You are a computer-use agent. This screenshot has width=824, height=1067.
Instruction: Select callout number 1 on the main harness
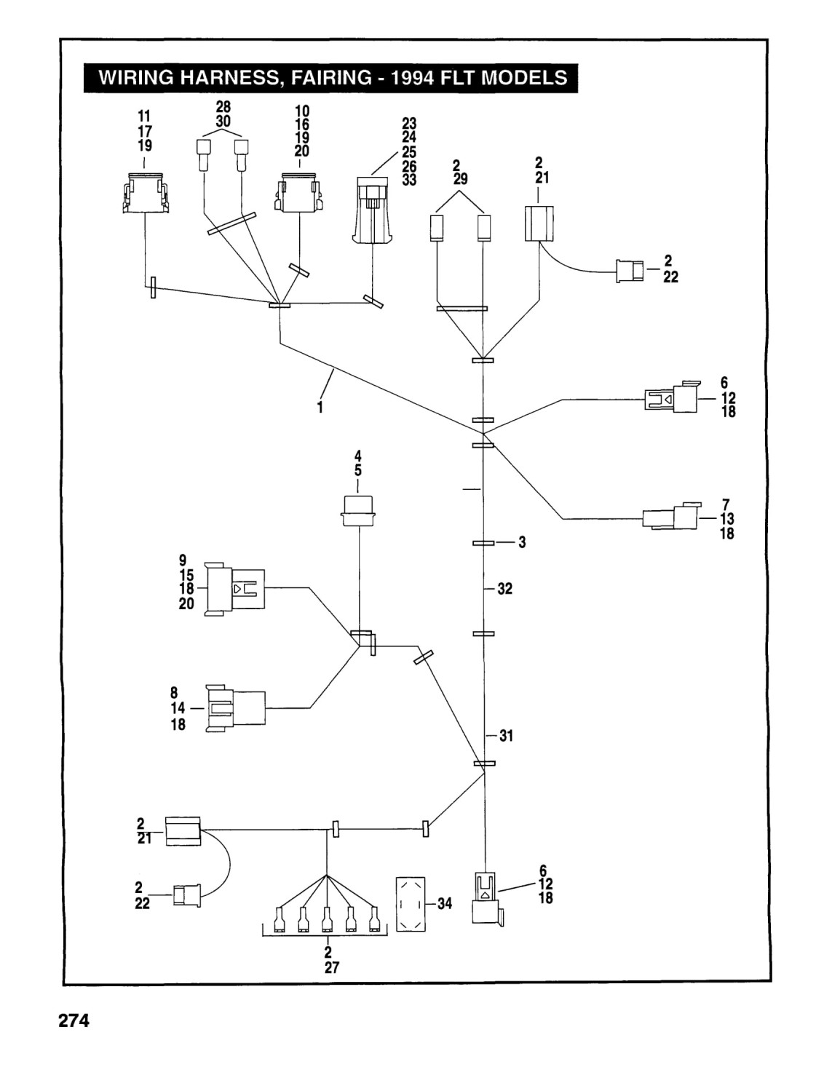[320, 407]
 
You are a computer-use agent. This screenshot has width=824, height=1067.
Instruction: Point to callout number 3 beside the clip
[522, 542]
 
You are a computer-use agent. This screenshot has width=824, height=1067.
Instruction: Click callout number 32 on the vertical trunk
[505, 588]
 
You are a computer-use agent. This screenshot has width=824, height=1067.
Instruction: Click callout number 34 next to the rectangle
[445, 903]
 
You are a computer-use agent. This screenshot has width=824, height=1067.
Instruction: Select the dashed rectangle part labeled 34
[411, 904]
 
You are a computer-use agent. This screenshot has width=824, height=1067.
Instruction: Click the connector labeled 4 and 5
[358, 511]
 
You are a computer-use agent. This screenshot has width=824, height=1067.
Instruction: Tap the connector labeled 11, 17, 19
[146, 193]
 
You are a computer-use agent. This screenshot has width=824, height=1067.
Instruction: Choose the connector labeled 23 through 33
[373, 210]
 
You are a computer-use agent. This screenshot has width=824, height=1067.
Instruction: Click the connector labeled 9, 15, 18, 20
[235, 589]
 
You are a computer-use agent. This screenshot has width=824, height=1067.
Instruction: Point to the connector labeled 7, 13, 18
[670, 517]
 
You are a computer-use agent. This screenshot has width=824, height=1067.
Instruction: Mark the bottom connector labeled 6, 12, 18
[487, 899]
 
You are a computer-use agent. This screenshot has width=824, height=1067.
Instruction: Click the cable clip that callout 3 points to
[483, 543]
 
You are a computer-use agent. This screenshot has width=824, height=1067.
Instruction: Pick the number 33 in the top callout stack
[409, 180]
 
